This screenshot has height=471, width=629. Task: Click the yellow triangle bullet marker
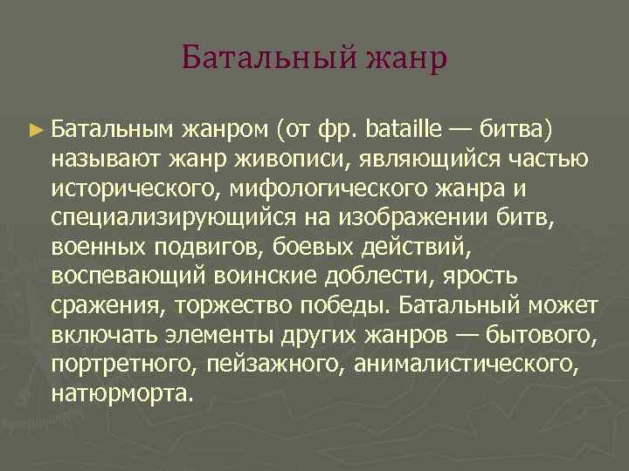tap(35, 132)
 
